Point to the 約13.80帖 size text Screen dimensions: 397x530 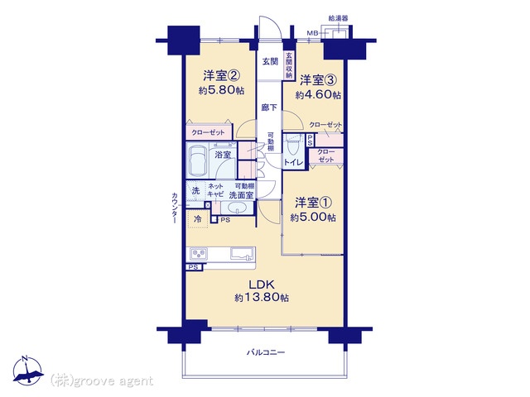[x=261, y=298]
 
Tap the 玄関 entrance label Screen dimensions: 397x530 [x=270, y=62]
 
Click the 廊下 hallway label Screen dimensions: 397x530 [x=269, y=108]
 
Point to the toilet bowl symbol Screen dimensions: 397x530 [x=291, y=146]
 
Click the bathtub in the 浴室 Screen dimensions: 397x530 [x=198, y=159]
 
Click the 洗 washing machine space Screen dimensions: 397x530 [x=196, y=191]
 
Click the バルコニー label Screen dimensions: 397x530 [x=266, y=352]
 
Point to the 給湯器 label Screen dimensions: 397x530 [x=338, y=17]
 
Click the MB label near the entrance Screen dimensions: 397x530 [x=312, y=33]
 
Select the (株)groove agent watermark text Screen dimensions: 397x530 [x=101, y=380]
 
